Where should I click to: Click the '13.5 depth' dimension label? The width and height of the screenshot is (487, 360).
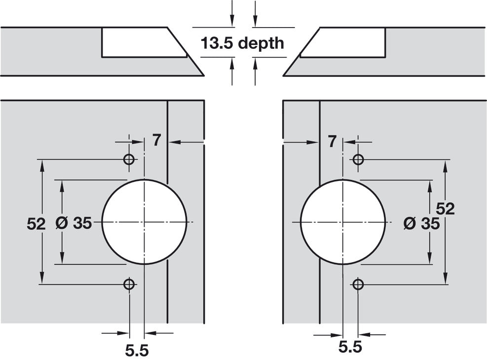point(242,43)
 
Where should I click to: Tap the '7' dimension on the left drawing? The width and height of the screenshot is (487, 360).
point(156,141)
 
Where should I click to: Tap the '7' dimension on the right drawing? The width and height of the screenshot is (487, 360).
point(332,142)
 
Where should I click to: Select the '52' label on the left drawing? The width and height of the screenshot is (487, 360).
point(36,223)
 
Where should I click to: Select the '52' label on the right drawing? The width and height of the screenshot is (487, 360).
point(445,209)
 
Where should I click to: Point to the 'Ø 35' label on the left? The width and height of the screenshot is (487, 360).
point(74,223)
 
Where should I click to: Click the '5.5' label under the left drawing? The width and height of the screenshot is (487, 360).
point(137,350)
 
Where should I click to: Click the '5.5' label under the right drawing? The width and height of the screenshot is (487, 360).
point(350,347)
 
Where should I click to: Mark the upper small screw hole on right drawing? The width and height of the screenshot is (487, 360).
point(358,159)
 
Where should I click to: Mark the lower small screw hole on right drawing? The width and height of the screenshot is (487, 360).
point(358,284)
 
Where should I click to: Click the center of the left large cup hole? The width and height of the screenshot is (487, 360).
point(144,222)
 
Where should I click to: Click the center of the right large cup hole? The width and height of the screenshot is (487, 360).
point(342,222)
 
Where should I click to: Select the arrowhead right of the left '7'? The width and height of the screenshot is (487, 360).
point(173,142)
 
